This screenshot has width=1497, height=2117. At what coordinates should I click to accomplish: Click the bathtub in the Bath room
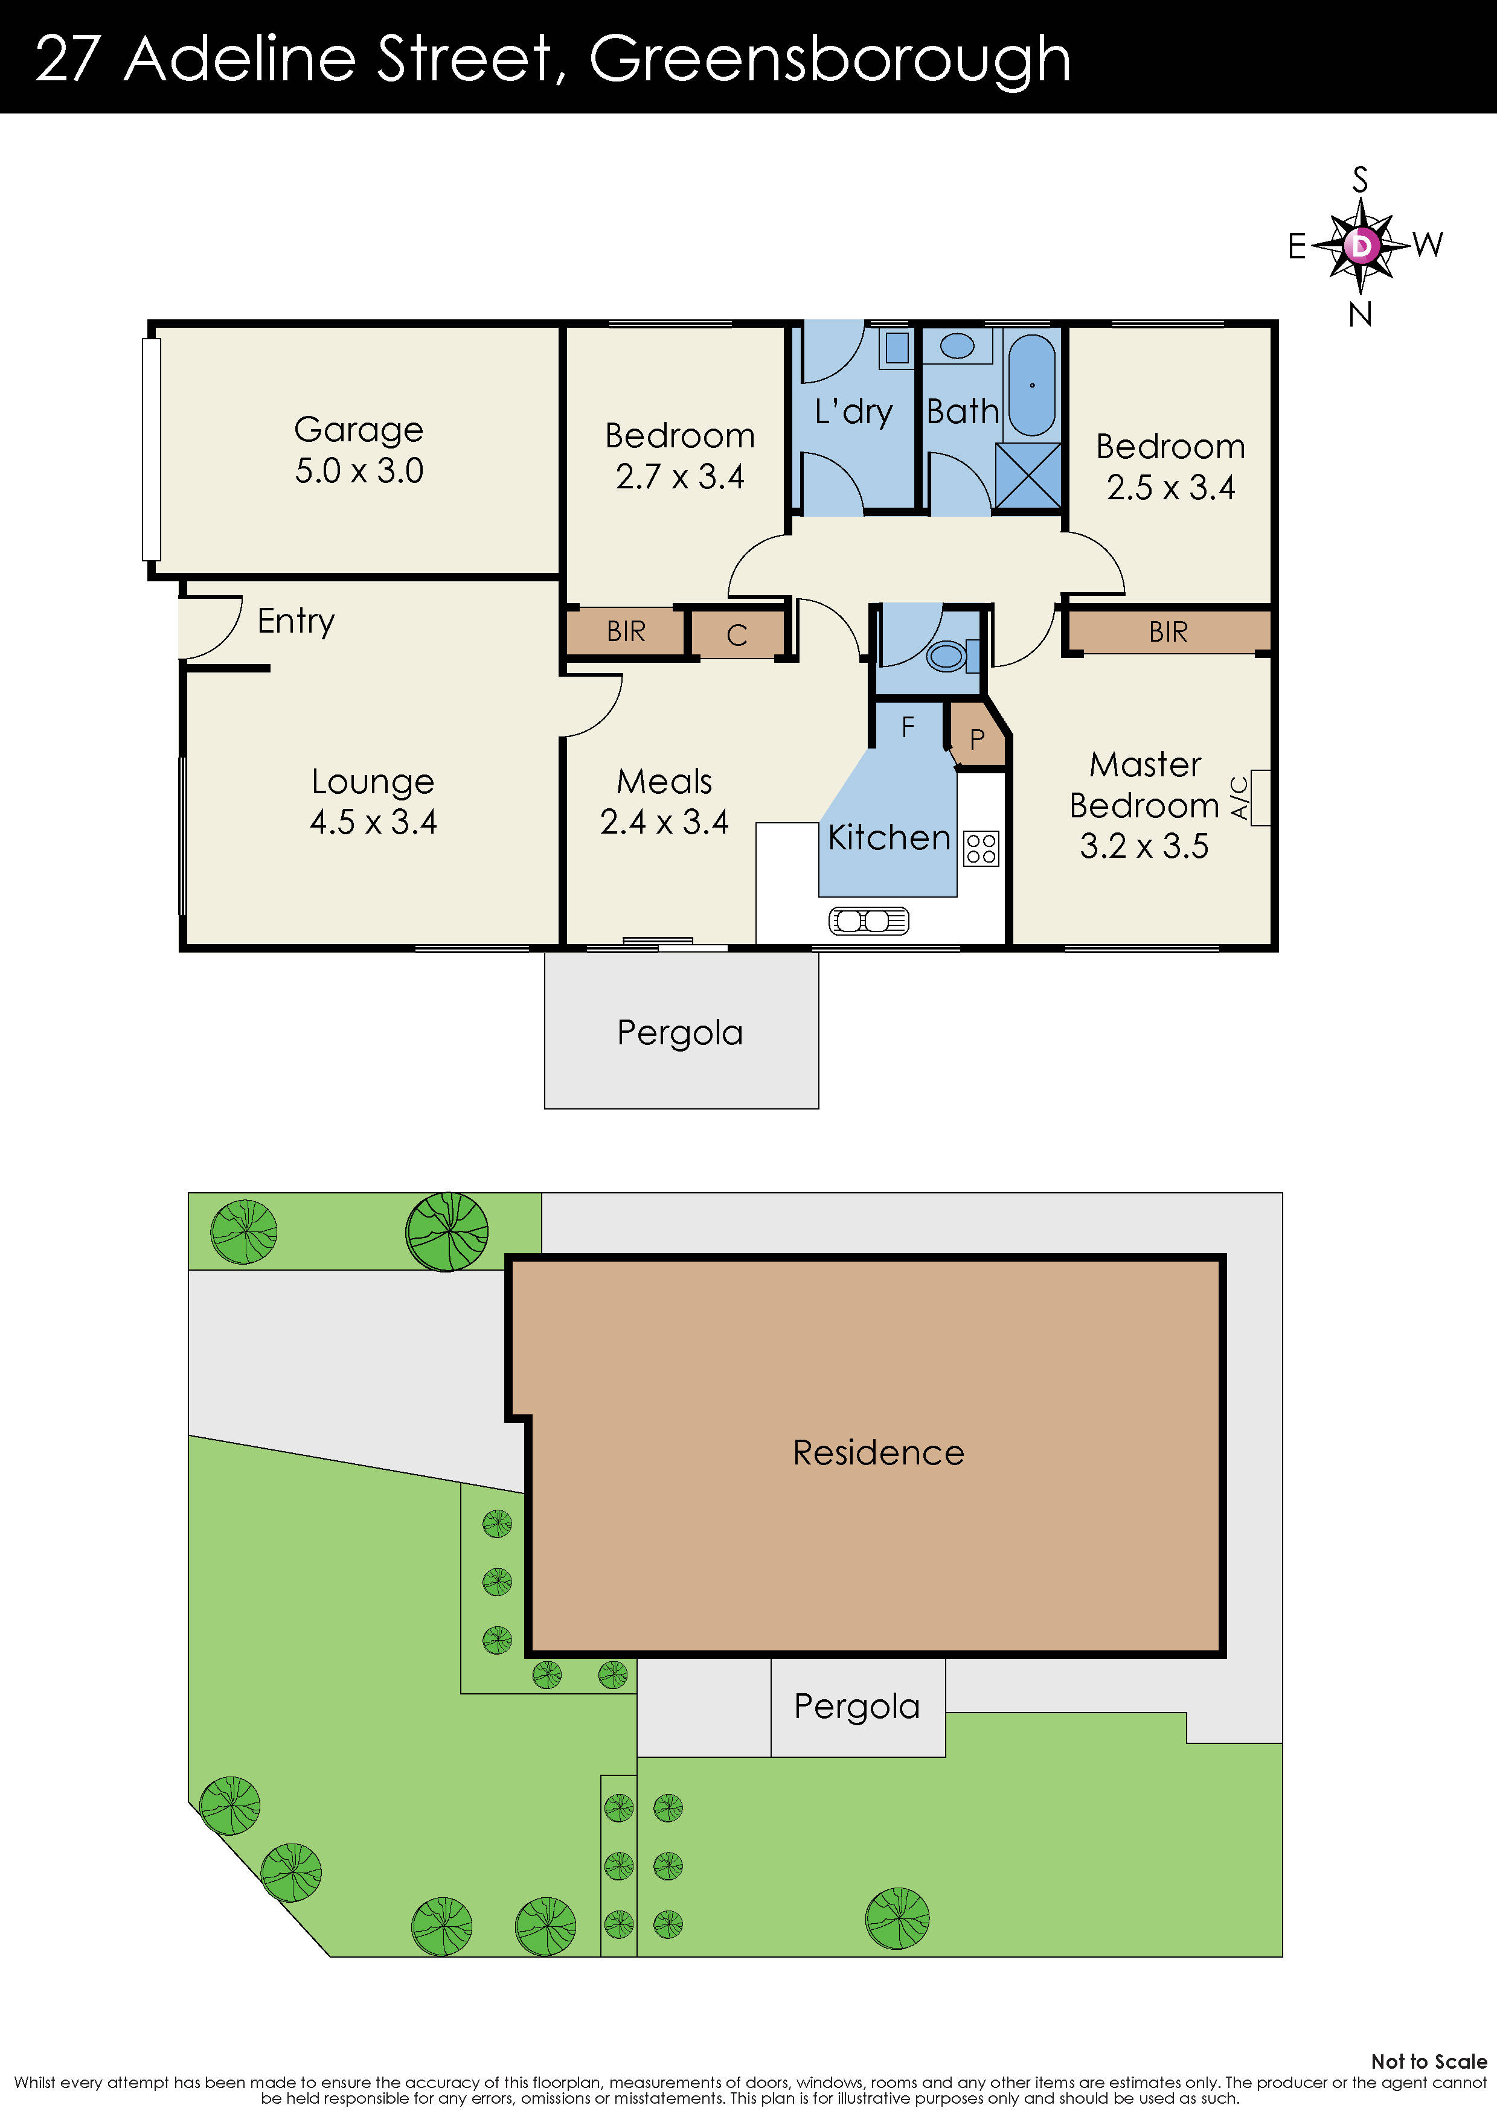(1031, 385)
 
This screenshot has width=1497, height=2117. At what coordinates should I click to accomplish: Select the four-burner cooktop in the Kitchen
(981, 848)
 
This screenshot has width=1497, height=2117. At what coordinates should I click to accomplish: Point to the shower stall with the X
(1028, 475)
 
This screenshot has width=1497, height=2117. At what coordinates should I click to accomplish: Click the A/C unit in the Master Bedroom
(1260, 797)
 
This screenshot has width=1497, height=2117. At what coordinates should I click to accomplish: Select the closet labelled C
(736, 634)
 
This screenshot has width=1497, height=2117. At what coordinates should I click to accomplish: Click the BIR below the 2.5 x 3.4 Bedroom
(1168, 631)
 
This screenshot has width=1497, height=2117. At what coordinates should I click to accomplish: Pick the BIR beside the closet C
(626, 631)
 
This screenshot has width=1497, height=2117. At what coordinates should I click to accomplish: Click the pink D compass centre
(1361, 245)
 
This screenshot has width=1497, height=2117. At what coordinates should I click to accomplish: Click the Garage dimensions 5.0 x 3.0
(359, 470)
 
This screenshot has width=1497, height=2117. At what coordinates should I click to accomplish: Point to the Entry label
(296, 621)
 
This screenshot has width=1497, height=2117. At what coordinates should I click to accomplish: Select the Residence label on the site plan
(878, 1452)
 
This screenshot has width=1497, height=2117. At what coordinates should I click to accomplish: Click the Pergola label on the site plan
(857, 1707)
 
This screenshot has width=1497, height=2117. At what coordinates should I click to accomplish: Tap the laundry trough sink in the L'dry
(897, 348)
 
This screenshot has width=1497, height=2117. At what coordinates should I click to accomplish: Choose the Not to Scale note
(1429, 2061)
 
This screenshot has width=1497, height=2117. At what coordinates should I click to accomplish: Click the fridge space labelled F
(908, 727)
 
